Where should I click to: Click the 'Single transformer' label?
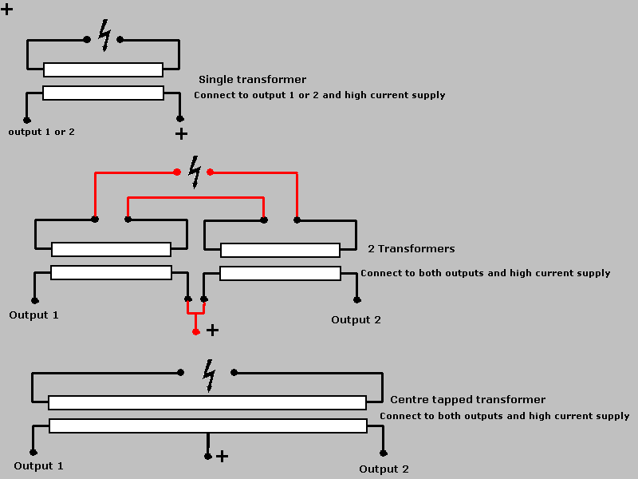point(252,80)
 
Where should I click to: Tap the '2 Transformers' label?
point(412,249)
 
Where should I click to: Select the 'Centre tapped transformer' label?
point(467,400)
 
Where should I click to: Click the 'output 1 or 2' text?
point(41,132)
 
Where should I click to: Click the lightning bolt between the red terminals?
point(194,171)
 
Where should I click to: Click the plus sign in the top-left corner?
point(7,10)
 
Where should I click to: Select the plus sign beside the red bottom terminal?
point(212,330)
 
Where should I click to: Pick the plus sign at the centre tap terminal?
point(223,457)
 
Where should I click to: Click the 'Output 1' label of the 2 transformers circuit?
point(33,315)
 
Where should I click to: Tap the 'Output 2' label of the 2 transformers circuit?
point(356,320)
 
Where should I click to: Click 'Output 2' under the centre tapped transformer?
point(384,469)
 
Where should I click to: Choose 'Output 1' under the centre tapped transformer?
point(38,466)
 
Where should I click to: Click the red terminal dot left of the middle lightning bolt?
point(177,172)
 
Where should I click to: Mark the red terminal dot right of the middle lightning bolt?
point(211,172)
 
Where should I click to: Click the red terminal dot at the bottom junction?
point(196,331)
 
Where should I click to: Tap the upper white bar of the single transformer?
point(103,70)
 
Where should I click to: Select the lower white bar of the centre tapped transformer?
point(207,426)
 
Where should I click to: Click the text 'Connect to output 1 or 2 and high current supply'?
point(319,96)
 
